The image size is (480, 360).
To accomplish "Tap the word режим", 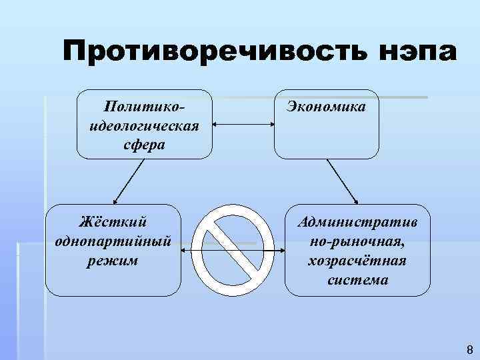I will (x=113, y=259).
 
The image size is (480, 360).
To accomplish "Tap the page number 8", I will (x=469, y=349).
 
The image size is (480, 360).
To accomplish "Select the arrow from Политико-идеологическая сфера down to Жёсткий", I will (x=129, y=181).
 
